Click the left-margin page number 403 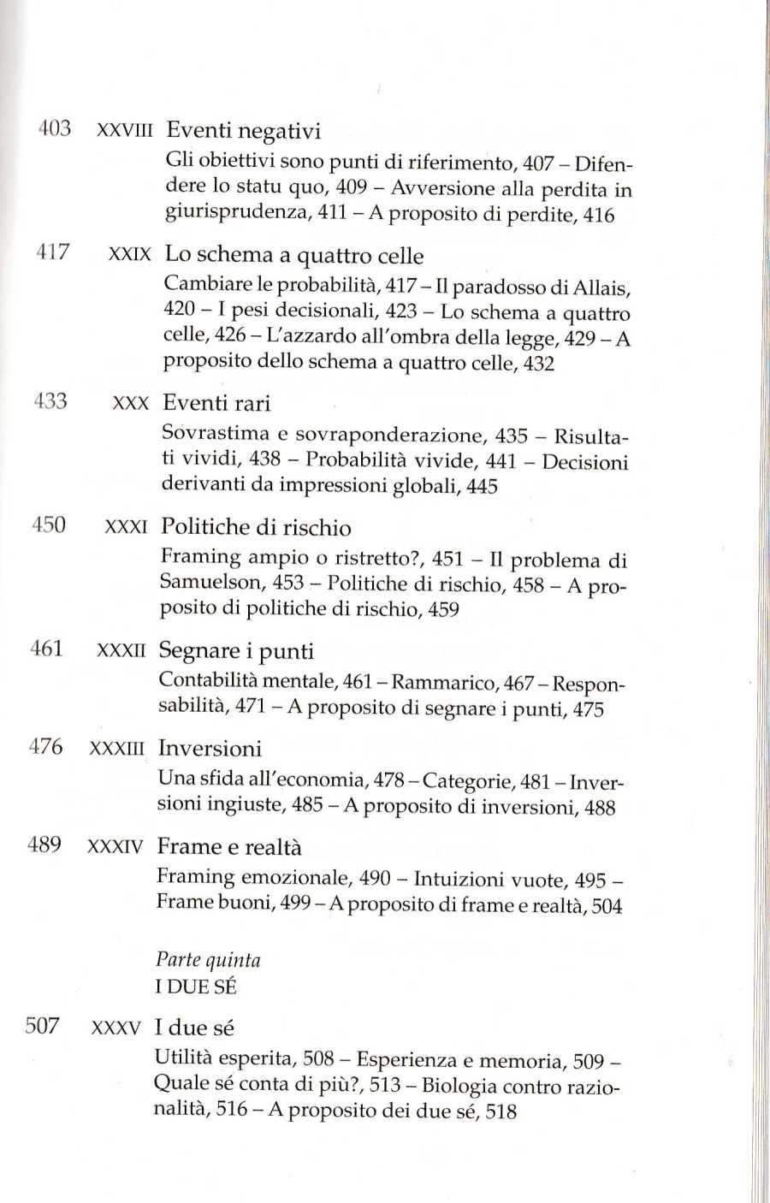click(x=55, y=128)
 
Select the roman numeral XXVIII click(x=125, y=131)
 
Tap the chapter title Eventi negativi click(x=243, y=131)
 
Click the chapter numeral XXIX click(x=130, y=254)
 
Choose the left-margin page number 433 click(x=50, y=400)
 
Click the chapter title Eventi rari click(x=216, y=403)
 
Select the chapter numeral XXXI click(x=126, y=527)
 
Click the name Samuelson click(x=210, y=582)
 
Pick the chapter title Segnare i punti click(x=236, y=651)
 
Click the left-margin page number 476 click(x=46, y=746)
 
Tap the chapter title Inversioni click(x=210, y=749)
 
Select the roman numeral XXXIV click(x=115, y=847)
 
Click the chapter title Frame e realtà click(x=229, y=847)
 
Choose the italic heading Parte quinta click(x=208, y=960)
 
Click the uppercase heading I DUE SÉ click(x=196, y=987)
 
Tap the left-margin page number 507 click(x=43, y=1025)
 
